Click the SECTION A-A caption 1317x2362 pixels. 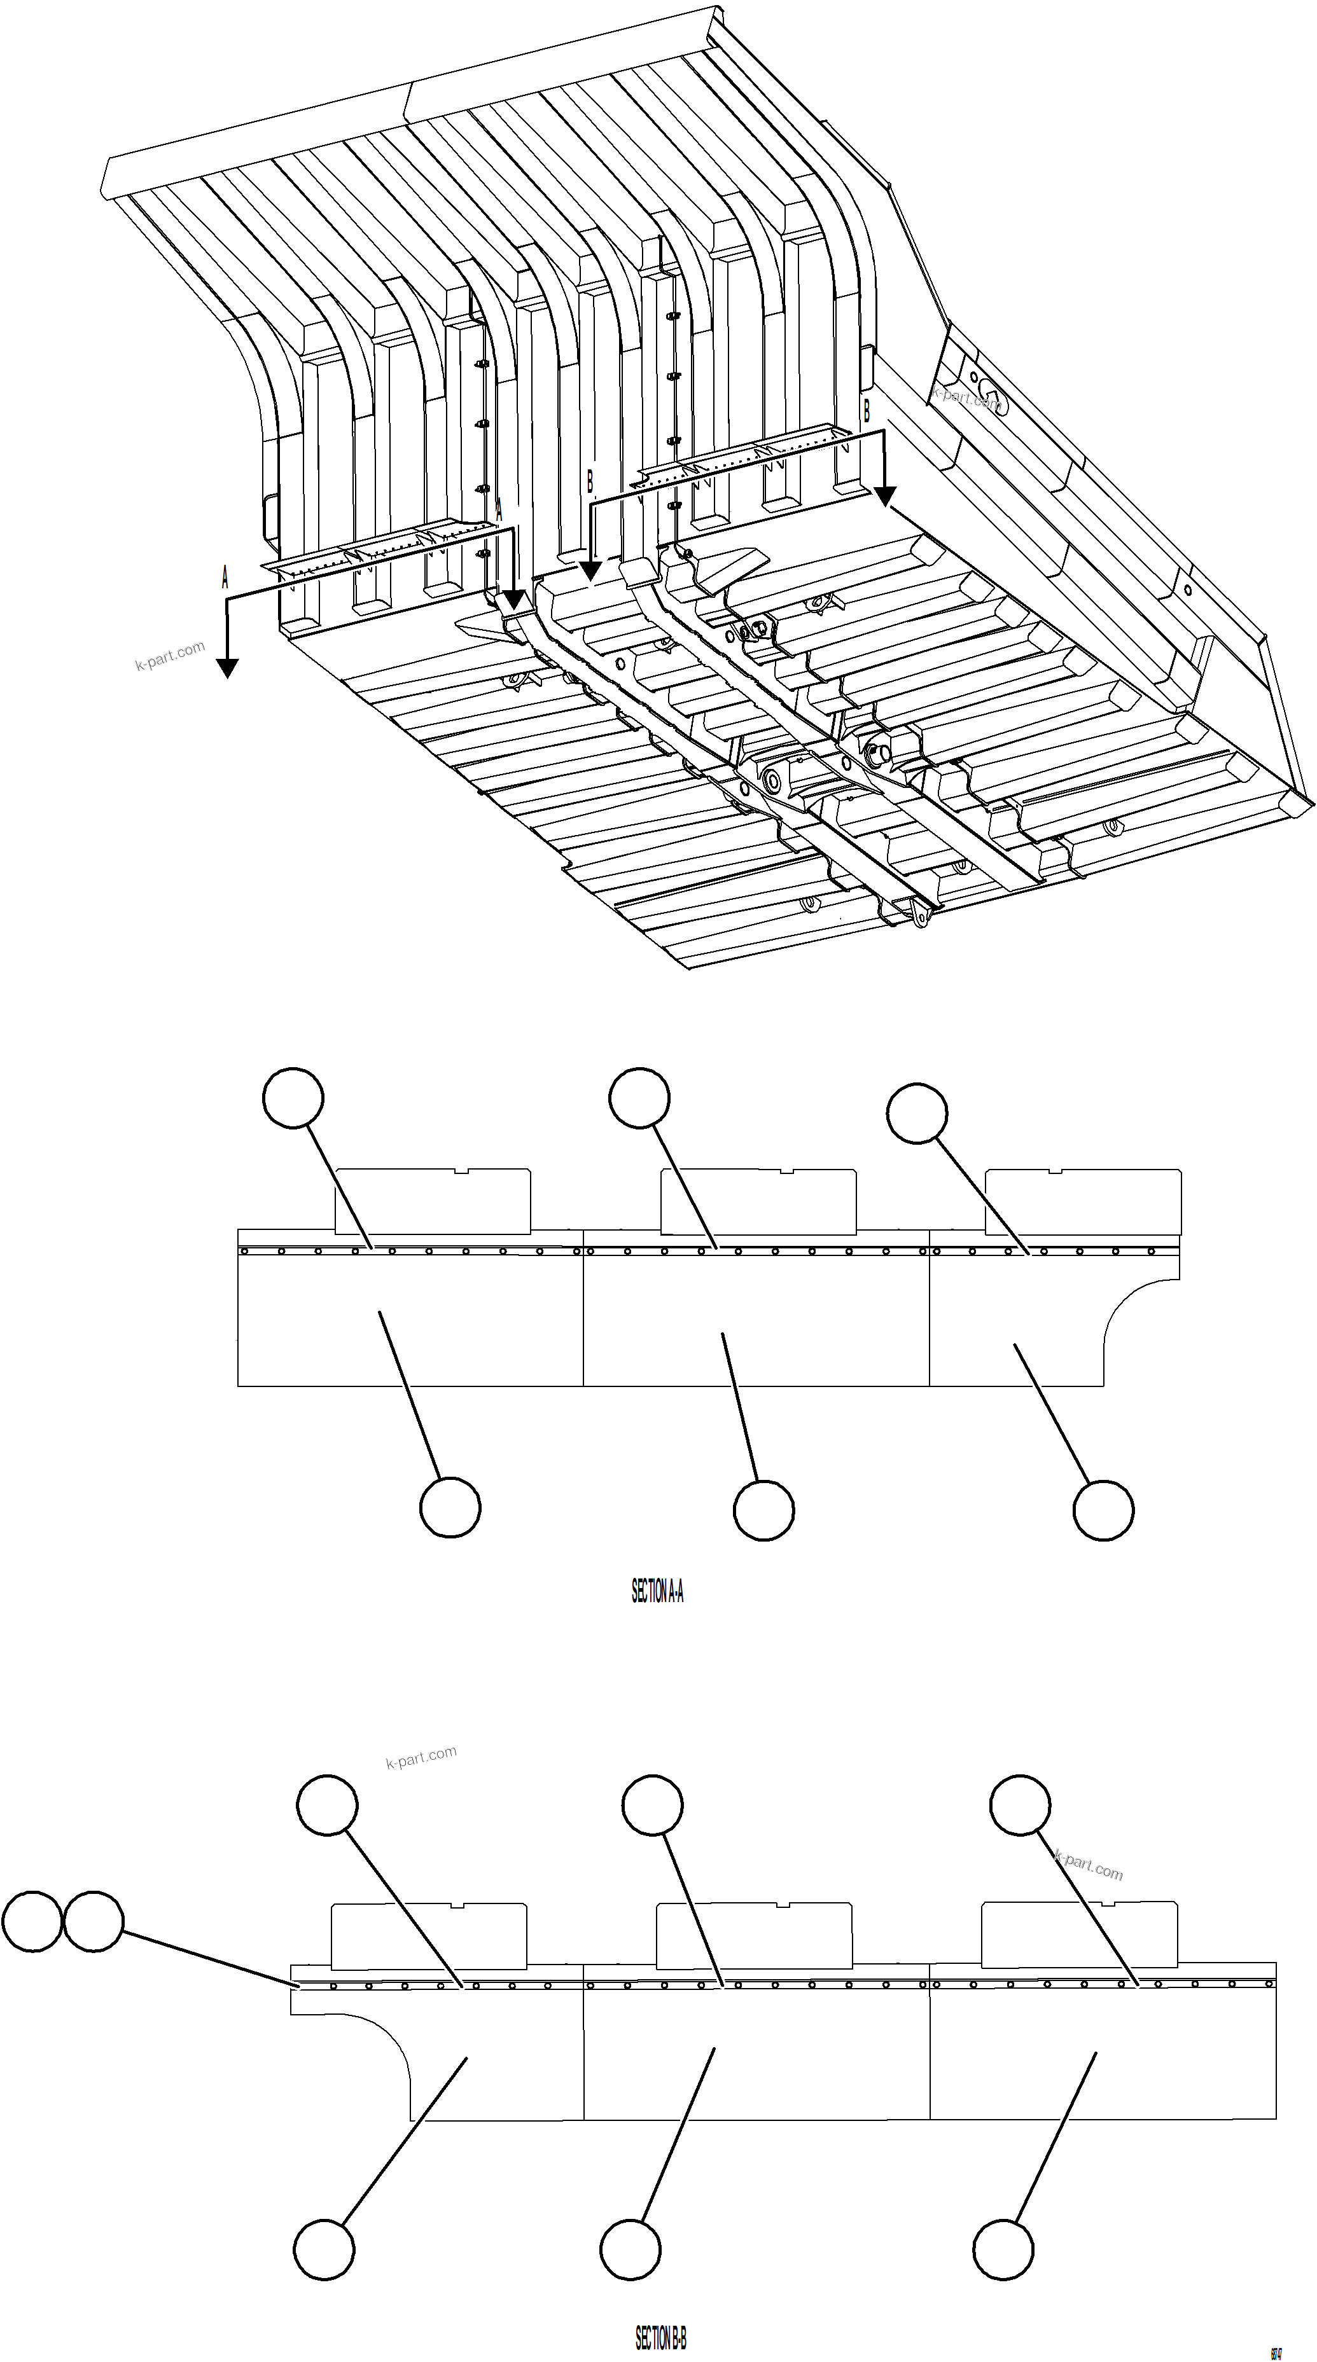pos(657,1592)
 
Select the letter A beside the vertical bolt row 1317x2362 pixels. pos(499,511)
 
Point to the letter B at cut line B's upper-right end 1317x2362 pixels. pos(866,411)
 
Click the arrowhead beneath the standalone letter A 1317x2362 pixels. pos(226,668)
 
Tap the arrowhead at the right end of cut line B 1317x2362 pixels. pos(884,497)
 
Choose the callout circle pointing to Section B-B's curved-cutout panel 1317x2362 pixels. pos(324,2249)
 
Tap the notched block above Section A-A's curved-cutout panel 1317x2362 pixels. pos(1082,1201)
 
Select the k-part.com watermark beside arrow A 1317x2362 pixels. pos(170,656)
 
